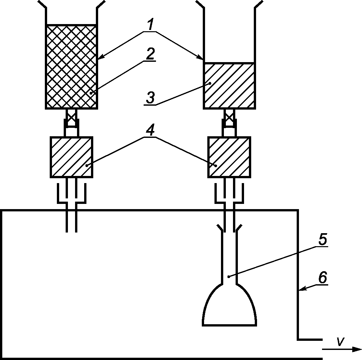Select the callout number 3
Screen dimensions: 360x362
pos(150,98)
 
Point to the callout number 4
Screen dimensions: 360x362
pos(150,131)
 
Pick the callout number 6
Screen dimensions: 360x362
pos(322,278)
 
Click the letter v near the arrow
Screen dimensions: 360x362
pos(340,341)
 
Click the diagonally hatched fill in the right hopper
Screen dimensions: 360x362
pos(229,85)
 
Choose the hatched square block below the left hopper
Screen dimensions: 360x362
pos(71,157)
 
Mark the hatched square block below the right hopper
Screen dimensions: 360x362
pos(229,157)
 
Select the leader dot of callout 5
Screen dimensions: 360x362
pos(229,277)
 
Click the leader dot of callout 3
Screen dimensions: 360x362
pos(210,84)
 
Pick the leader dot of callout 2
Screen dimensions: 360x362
pos(91,93)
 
